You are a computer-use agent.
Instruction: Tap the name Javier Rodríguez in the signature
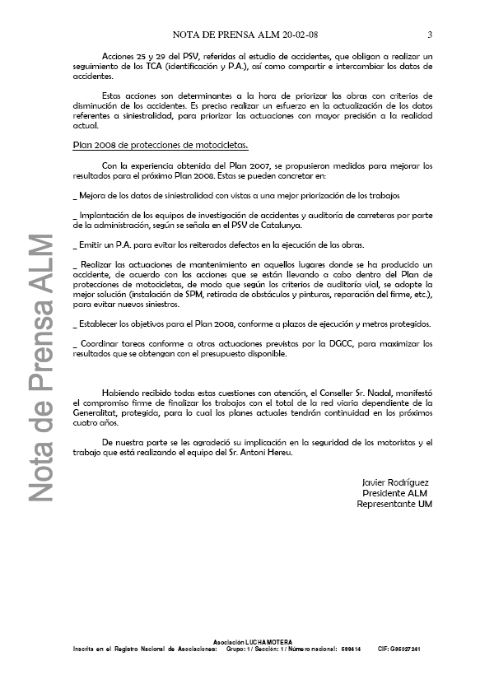395,482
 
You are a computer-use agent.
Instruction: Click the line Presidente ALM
395,492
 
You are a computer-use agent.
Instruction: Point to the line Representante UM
394,504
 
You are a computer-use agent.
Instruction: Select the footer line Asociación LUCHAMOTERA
247,640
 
